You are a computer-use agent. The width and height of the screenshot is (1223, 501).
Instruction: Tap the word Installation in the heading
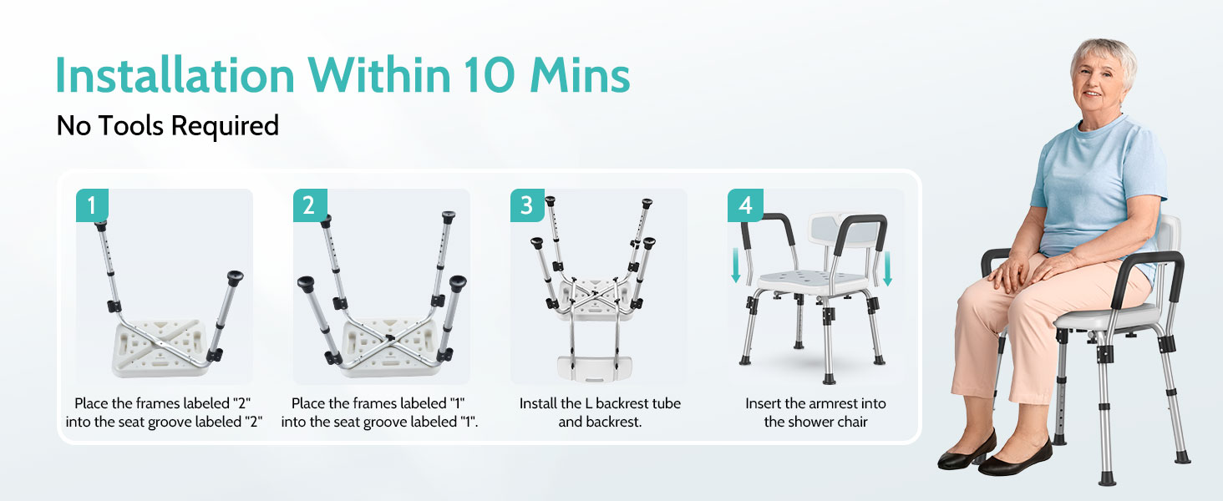pyautogui.click(x=174, y=75)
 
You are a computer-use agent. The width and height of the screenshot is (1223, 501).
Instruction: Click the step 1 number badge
pyautogui.click(x=92, y=205)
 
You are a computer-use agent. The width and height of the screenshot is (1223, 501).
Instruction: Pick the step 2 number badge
pyautogui.click(x=309, y=205)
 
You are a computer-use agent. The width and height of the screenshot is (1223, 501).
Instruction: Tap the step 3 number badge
pyautogui.click(x=526, y=205)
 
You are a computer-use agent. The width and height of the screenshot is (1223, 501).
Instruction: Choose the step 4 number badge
pyautogui.click(x=744, y=205)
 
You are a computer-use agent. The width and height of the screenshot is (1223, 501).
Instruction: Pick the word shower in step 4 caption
pyautogui.click(x=814, y=422)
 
